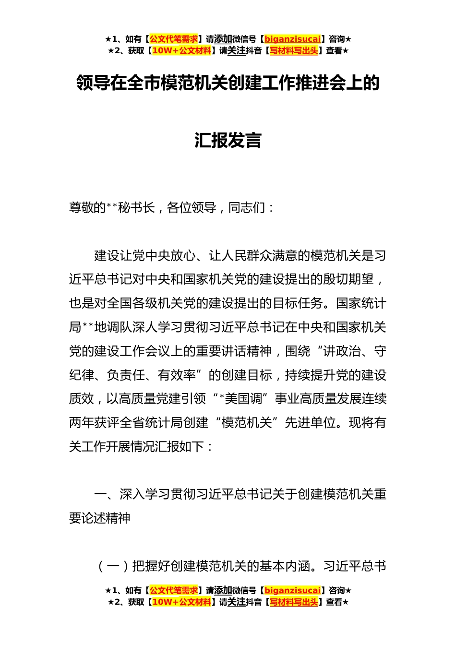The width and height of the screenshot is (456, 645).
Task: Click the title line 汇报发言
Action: (x=228, y=140)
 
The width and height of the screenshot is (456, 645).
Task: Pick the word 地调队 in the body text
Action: (x=113, y=327)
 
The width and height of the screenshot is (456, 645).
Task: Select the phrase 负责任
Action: (x=126, y=375)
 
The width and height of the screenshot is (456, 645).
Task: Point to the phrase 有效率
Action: (x=177, y=375)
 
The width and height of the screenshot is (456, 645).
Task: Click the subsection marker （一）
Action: (x=113, y=566)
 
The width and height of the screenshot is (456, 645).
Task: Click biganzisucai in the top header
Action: (x=292, y=39)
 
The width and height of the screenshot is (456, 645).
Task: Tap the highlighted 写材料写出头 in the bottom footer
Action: (x=294, y=602)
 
